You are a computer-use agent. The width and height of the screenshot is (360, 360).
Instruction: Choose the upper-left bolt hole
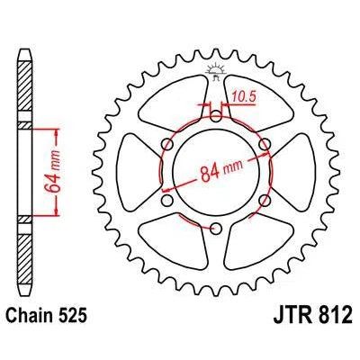click(x=167, y=144)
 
